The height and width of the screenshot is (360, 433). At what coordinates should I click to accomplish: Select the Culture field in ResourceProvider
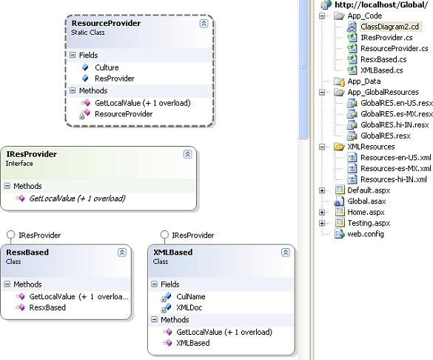tap(106, 67)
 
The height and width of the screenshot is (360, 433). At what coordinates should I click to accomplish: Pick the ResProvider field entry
tap(114, 78)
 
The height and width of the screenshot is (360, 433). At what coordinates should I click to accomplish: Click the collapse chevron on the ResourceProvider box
tap(203, 24)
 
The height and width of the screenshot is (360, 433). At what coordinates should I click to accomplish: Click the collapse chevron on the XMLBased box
tap(286, 253)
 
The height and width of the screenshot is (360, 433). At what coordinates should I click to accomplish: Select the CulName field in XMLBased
tap(191, 296)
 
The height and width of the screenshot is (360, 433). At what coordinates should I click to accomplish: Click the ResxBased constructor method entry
tap(47, 307)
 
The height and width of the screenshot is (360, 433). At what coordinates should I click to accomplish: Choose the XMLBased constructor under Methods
tap(193, 343)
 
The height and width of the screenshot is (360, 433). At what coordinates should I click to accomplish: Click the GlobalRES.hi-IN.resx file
tap(395, 125)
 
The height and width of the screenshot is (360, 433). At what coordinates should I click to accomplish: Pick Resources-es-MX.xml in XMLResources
tap(396, 169)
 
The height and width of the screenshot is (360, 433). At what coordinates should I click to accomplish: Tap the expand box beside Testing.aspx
tap(322, 223)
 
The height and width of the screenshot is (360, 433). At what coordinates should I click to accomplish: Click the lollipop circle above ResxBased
tap(11, 235)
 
